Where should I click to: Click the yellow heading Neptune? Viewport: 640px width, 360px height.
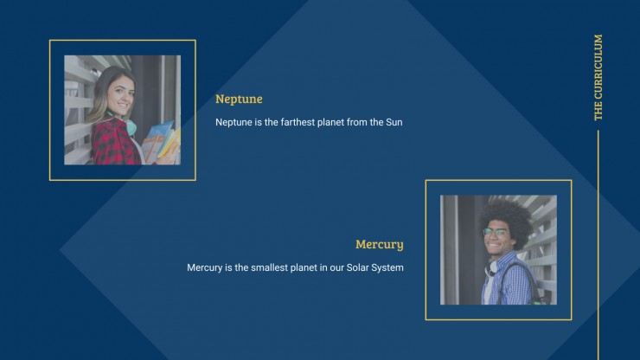(239, 100)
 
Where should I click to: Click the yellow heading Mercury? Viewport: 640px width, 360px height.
(379, 244)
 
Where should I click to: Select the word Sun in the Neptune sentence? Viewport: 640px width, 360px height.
(394, 122)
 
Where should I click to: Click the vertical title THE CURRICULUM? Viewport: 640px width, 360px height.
(598, 77)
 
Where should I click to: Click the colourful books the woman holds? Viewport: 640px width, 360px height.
(161, 142)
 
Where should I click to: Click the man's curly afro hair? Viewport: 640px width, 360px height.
(506, 219)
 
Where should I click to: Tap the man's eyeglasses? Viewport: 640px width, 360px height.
(496, 232)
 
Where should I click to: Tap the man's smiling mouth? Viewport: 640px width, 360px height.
(494, 246)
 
